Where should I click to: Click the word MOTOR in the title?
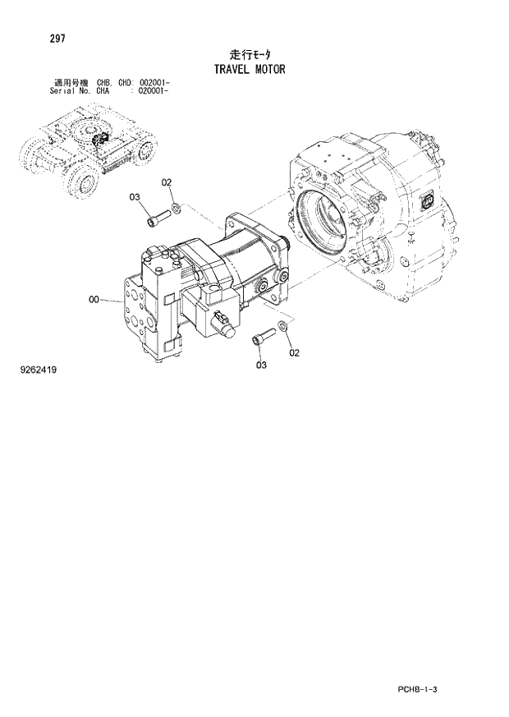coord(269,69)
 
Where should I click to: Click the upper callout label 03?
coord(135,197)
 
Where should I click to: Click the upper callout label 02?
coord(166,182)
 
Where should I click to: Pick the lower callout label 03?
coord(261,365)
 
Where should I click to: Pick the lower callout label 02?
coord(294,353)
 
